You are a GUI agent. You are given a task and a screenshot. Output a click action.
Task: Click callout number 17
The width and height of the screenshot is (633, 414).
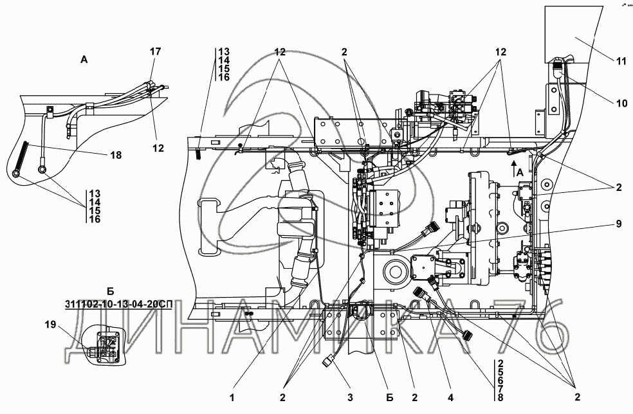pos(155,51)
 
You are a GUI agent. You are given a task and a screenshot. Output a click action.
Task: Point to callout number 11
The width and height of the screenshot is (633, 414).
pos(621,62)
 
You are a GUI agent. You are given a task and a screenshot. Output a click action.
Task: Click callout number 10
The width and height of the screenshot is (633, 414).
pos(621,102)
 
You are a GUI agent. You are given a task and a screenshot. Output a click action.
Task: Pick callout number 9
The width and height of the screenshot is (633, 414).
pos(618,224)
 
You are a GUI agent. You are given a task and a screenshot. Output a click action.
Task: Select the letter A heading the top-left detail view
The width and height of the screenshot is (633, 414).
pos(84,59)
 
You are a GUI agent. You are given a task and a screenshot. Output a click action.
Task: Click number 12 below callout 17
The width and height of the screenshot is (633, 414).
pos(157,148)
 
